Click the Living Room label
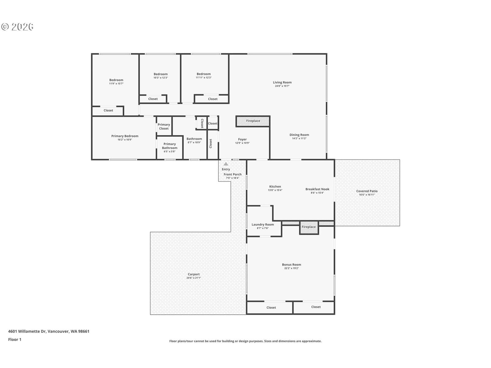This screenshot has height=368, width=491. click(x=282, y=82)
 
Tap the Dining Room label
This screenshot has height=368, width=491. click(x=299, y=135)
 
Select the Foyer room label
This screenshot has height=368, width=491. click(x=242, y=139)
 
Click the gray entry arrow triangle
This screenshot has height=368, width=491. click(x=226, y=164)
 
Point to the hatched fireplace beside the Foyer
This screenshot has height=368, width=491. click(x=253, y=121)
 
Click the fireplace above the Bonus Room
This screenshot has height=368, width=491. click(x=309, y=228)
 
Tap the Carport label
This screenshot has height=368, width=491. click(x=194, y=274)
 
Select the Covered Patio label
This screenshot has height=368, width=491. click(x=367, y=191)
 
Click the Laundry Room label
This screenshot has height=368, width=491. click(x=263, y=224)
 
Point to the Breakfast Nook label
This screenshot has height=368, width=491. click(x=317, y=189)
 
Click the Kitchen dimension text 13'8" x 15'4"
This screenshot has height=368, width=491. click(x=275, y=190)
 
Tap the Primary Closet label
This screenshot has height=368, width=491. click(x=164, y=126)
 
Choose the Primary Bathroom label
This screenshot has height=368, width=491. click(x=170, y=146)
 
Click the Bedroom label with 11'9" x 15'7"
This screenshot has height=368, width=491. click(x=116, y=80)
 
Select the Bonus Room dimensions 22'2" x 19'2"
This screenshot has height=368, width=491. click(x=291, y=268)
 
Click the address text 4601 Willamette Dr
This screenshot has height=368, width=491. click(x=27, y=331)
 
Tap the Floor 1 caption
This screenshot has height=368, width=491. click(x=14, y=339)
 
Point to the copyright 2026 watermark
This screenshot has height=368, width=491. click(x=17, y=27)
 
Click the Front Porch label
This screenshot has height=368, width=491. click(x=232, y=174)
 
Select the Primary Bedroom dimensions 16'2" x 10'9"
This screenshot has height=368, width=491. click(x=125, y=140)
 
